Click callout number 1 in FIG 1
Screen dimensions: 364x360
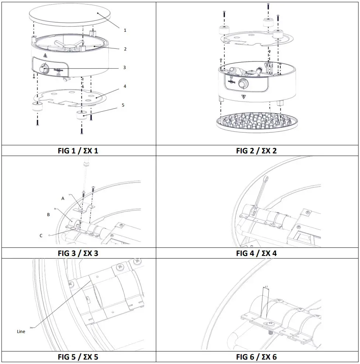pyautogui.click(x=125, y=30)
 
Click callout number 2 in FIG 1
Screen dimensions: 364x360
pyautogui.click(x=125, y=49)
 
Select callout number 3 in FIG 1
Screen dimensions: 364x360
pyautogui.click(x=125, y=67)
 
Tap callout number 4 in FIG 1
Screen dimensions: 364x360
pyautogui.click(x=125, y=86)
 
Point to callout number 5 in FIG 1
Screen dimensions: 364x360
pyautogui.click(x=123, y=105)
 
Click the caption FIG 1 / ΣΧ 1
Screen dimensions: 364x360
pyautogui.click(x=78, y=150)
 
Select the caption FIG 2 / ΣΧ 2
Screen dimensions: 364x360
pyautogui.click(x=256, y=150)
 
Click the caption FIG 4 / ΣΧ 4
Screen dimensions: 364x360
pyautogui.click(x=256, y=253)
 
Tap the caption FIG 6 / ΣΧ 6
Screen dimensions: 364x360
pyautogui.click(x=256, y=357)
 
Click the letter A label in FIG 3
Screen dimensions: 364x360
pyautogui.click(x=63, y=198)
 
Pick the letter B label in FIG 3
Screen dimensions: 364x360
pyautogui.click(x=48, y=214)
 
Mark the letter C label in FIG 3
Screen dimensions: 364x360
pyautogui.click(x=41, y=235)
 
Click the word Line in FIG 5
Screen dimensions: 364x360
pyautogui.click(x=21, y=332)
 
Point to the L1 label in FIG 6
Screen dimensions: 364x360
pyautogui.click(x=266, y=286)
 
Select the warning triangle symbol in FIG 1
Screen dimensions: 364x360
pyautogui.click(x=45, y=55)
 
